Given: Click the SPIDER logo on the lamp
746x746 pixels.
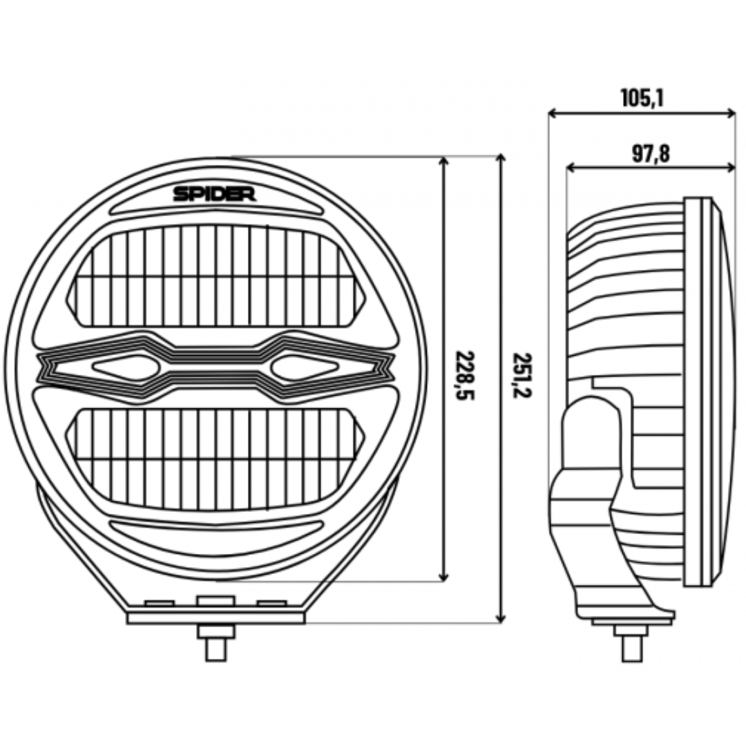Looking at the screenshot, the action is (214, 194).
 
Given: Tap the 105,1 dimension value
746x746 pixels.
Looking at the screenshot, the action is (642, 99).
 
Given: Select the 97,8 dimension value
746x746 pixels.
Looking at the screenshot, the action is (651, 153).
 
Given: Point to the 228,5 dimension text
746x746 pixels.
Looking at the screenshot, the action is (465, 375).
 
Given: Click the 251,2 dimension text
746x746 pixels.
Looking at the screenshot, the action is (522, 375).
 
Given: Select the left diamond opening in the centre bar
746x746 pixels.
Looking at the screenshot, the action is (126, 367).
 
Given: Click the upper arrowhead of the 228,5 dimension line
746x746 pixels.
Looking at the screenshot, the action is (443, 161).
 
